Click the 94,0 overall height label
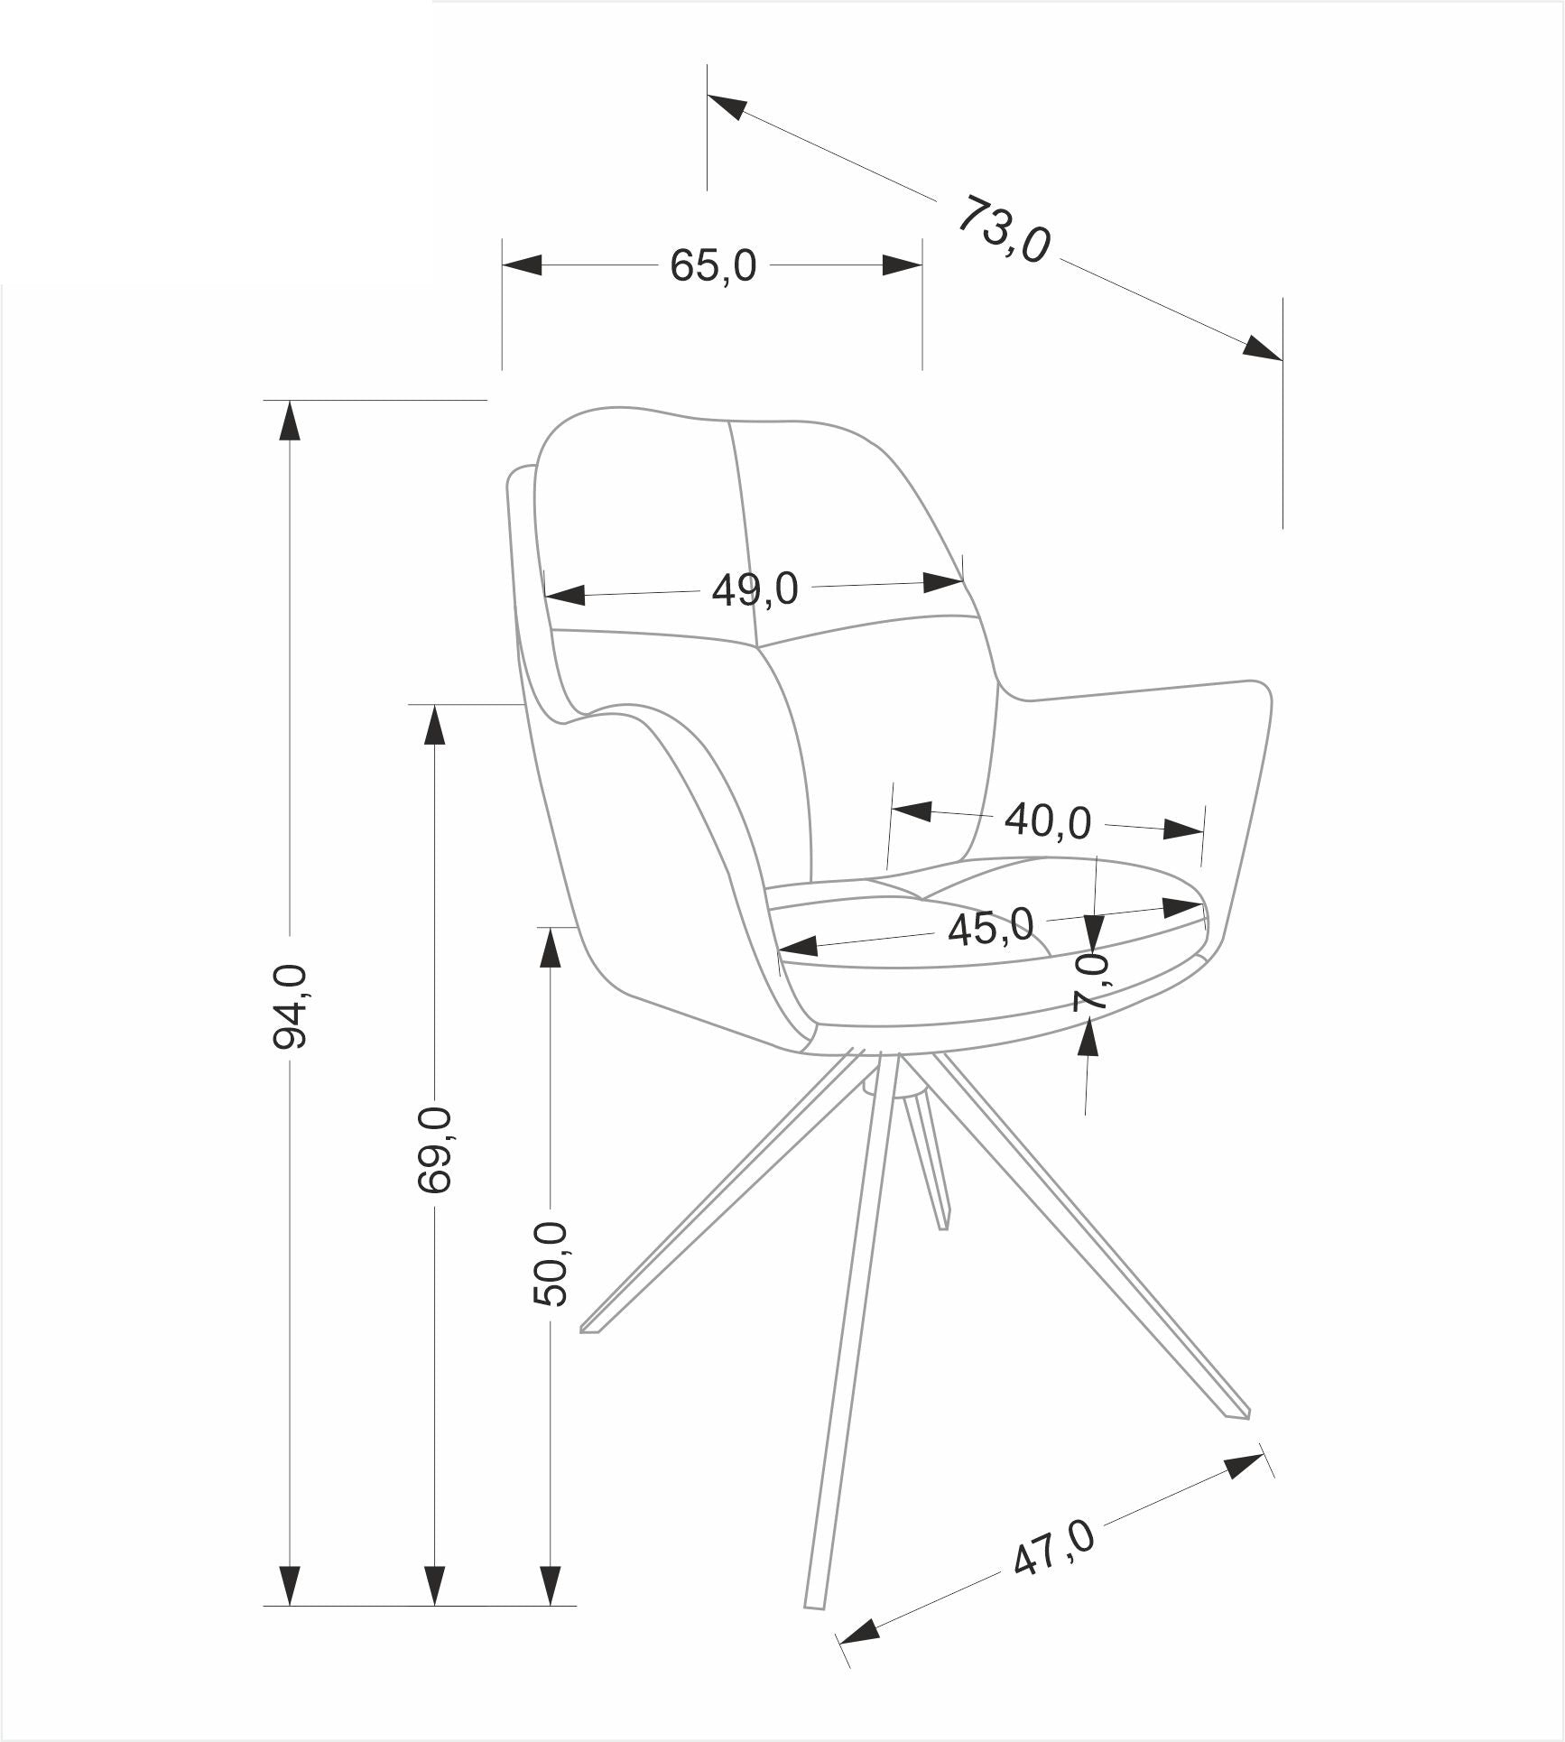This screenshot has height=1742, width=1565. coord(290,1006)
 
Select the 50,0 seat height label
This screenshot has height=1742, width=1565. coord(551,1263)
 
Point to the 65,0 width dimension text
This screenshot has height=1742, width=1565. coord(713,266)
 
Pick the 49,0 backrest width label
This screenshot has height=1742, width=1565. coord(755,590)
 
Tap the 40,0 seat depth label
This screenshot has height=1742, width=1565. coord(1048,820)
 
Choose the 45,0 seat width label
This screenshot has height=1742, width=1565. coord(990,927)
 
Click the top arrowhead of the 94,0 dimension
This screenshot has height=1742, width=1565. coord(290,420)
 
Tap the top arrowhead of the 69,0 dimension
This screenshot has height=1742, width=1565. coord(435,724)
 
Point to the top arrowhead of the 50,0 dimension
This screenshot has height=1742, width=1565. coord(551,947)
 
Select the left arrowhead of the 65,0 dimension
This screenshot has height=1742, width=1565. coord(522,265)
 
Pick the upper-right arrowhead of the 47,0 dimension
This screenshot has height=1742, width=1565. coord(1244,1466)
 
